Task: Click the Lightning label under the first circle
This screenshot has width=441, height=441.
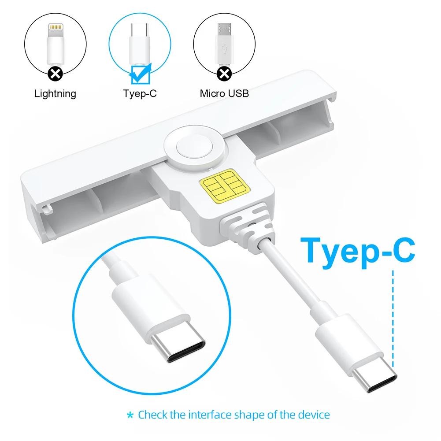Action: point(55,93)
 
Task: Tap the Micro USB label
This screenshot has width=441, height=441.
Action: point(224,93)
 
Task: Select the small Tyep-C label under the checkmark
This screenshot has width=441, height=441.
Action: point(140,93)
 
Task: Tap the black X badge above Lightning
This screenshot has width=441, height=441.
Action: point(55,73)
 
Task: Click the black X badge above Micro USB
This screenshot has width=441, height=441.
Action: point(225,73)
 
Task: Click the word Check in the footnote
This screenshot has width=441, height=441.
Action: point(152,415)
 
